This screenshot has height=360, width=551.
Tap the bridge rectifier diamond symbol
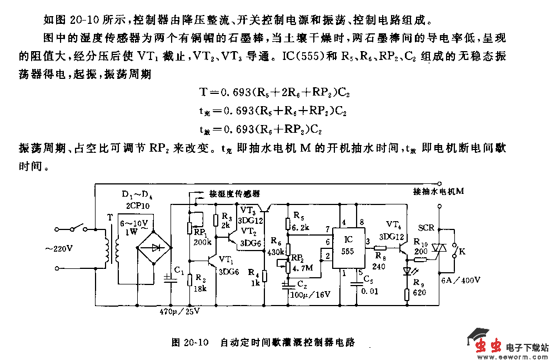(154, 248)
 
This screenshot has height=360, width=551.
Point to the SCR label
(426, 228)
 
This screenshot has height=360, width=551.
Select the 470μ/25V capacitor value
(179, 311)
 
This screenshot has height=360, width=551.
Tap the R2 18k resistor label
(201, 284)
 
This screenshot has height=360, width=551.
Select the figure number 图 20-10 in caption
(189, 342)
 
